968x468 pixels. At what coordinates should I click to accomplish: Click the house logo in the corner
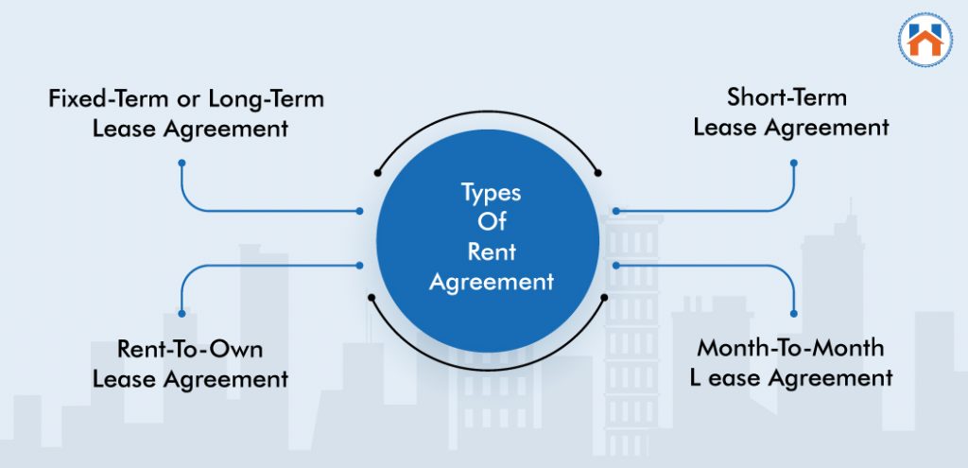923,40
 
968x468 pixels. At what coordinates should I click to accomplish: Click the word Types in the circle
491,193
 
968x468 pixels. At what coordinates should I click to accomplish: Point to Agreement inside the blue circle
491,282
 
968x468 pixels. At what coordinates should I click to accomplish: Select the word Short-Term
786,96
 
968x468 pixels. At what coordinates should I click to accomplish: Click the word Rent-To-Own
190,348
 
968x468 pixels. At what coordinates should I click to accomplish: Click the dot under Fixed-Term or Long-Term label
181,163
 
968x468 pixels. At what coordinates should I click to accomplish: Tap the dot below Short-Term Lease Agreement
793,163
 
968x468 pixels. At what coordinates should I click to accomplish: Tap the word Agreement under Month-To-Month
829,378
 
